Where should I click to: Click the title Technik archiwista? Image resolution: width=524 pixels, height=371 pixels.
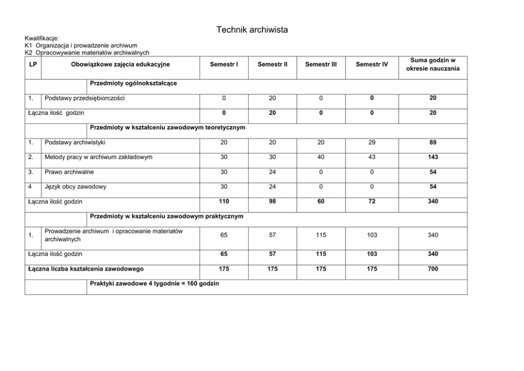[x=252, y=30]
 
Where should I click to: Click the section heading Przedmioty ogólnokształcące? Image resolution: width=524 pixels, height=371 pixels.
[x=134, y=84]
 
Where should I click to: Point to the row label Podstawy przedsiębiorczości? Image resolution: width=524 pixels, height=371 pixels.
[x=85, y=98]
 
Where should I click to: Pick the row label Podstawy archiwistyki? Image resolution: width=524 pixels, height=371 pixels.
[x=75, y=142]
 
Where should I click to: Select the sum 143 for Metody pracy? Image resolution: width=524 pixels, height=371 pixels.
[x=433, y=157]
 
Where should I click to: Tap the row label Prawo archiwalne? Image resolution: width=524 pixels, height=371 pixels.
[x=70, y=172]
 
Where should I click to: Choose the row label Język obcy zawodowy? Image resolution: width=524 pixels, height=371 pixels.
[x=76, y=187]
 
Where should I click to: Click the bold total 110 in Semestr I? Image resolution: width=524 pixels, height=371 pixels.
[x=224, y=201]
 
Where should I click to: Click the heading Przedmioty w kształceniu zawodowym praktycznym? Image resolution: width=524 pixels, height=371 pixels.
[x=167, y=216]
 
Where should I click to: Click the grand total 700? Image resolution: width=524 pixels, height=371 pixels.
[x=433, y=269]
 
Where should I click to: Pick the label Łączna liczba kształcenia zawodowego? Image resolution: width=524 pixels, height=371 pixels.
[x=86, y=269]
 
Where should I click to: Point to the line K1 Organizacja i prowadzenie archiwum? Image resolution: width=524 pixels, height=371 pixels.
[x=81, y=45]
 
